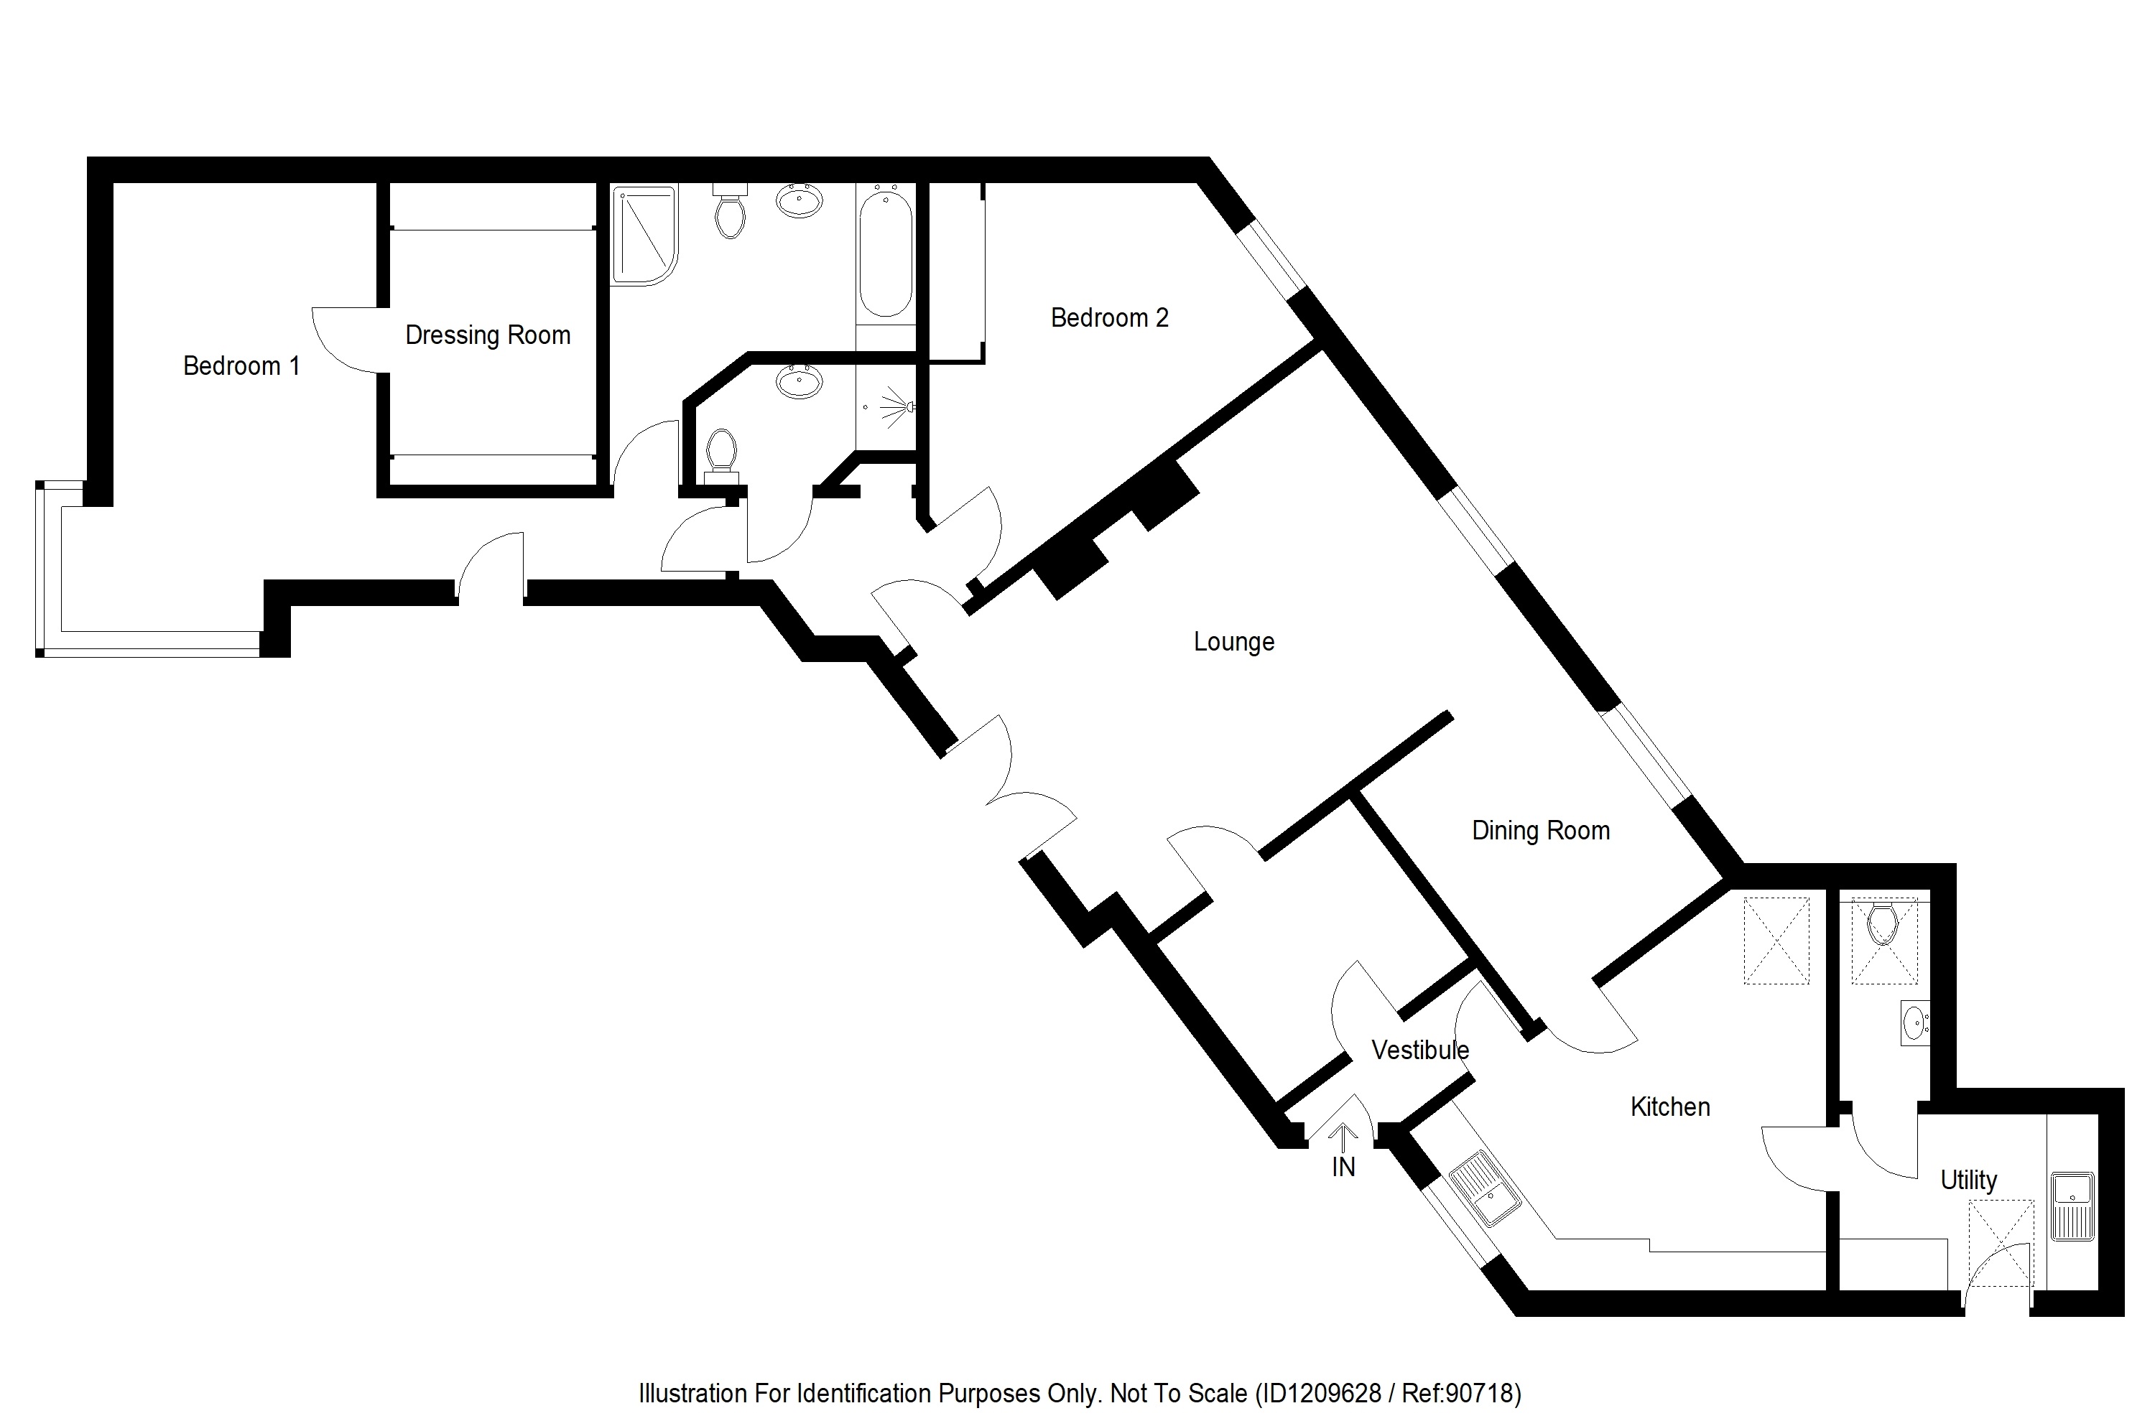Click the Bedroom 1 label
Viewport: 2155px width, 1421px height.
tap(241, 366)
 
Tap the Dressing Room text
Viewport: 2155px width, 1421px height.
tap(488, 335)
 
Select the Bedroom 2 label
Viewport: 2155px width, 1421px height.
tap(1109, 318)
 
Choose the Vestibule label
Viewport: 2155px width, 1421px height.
tap(1419, 1050)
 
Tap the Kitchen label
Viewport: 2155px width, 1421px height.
tap(1670, 1107)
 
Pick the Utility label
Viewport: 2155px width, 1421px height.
tap(1968, 1180)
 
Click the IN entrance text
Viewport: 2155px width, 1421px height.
tap(1343, 1168)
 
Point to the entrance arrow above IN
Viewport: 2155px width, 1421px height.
tap(1343, 1135)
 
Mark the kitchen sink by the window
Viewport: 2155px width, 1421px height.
tap(1484, 1189)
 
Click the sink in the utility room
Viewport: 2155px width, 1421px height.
tap(2072, 1206)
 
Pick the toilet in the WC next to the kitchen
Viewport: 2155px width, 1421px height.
tap(1883, 923)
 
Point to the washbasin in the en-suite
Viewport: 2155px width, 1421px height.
tap(799, 381)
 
